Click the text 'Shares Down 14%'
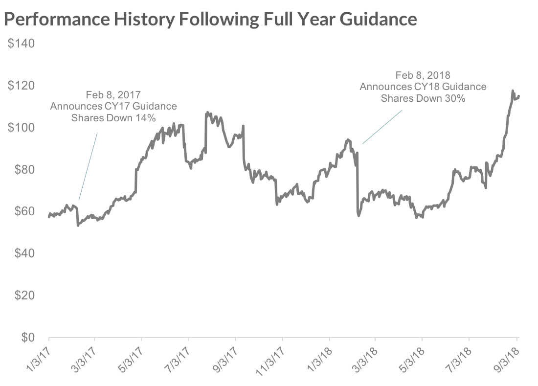pos(113,117)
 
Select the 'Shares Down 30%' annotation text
pos(423,97)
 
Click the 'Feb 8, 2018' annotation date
pos(423,75)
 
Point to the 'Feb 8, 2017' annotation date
pos(113,95)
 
